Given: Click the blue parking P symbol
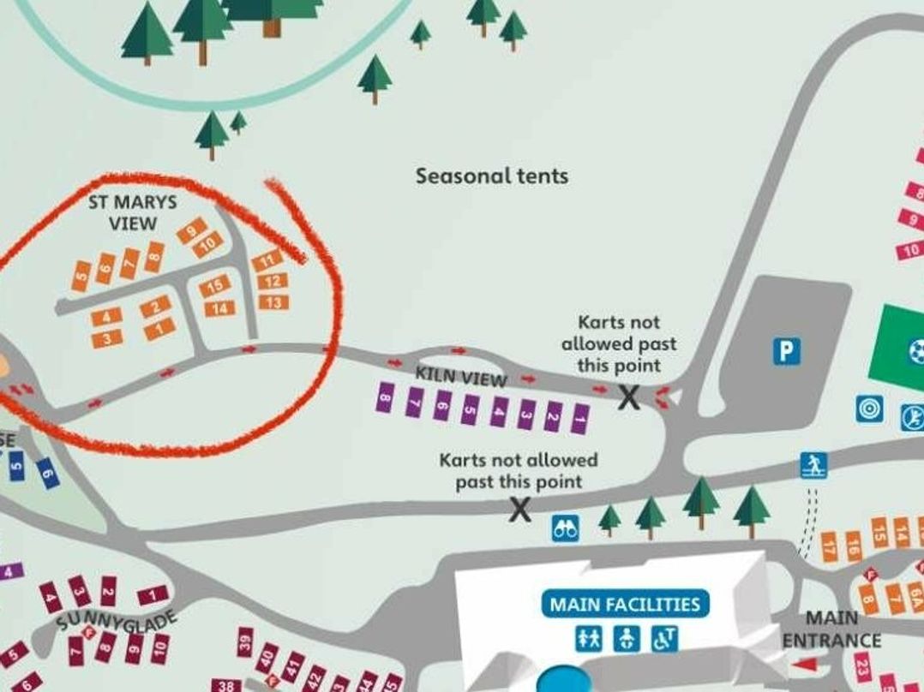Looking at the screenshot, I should [x=785, y=351].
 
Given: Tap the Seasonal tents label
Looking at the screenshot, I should [x=492, y=176].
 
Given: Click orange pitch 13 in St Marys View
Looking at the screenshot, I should [x=274, y=302].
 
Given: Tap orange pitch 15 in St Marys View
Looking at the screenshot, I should [x=215, y=286].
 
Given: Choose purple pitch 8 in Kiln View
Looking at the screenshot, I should [x=386, y=397].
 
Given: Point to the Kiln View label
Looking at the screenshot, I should [x=461, y=377].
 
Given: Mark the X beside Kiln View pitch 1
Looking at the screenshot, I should [x=630, y=397].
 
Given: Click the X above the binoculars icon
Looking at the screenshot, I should [x=519, y=510].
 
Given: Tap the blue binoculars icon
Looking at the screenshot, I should [x=565, y=528].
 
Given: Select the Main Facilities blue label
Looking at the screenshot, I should [x=625, y=604].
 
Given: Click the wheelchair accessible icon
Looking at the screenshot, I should [x=665, y=639].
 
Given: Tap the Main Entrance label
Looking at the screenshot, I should [x=831, y=629].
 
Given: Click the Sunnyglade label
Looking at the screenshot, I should [x=117, y=622].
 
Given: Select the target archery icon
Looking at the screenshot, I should [x=869, y=409].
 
